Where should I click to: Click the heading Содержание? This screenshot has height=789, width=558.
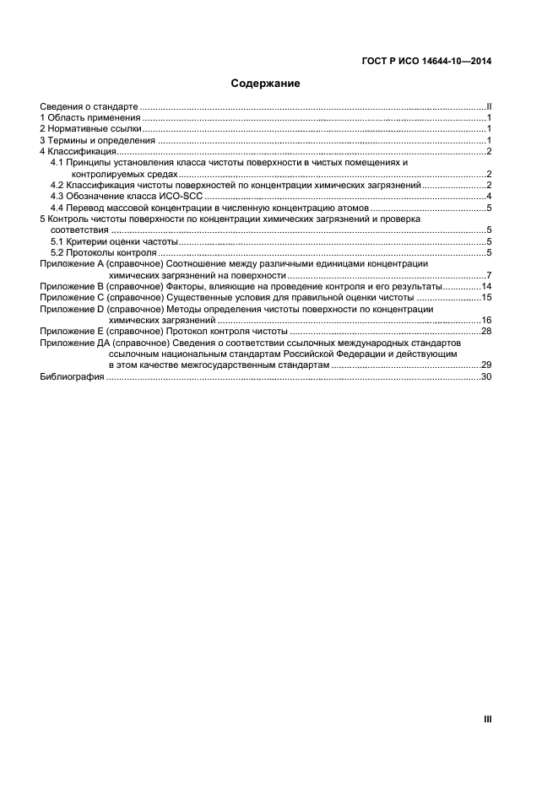coord(266,84)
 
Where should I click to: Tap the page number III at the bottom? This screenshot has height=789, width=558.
coord(487,719)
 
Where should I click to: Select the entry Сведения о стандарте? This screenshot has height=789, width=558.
coord(89,107)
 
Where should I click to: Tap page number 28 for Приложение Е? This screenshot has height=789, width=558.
coord(486,332)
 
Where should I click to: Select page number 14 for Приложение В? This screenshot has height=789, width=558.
coord(486,287)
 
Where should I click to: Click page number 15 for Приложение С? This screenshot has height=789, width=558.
coord(486,298)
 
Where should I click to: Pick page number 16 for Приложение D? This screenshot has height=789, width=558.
coord(486,321)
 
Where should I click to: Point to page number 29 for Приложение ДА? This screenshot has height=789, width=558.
coord(486,365)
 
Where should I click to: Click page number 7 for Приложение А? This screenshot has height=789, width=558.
coord(489,276)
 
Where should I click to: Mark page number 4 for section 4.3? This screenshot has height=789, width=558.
coord(489,196)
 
